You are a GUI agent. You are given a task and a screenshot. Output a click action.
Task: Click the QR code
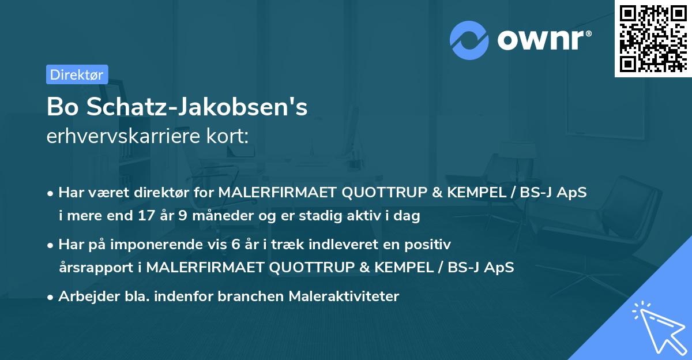[x=653, y=39]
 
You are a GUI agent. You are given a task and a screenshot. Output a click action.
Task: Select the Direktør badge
[x=77, y=74]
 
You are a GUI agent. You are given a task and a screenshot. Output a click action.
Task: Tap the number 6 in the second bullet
[x=238, y=244]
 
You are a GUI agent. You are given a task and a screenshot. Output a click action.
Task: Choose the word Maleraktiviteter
[x=344, y=296]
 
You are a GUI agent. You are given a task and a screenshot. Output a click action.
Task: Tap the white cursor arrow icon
[x=657, y=327]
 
